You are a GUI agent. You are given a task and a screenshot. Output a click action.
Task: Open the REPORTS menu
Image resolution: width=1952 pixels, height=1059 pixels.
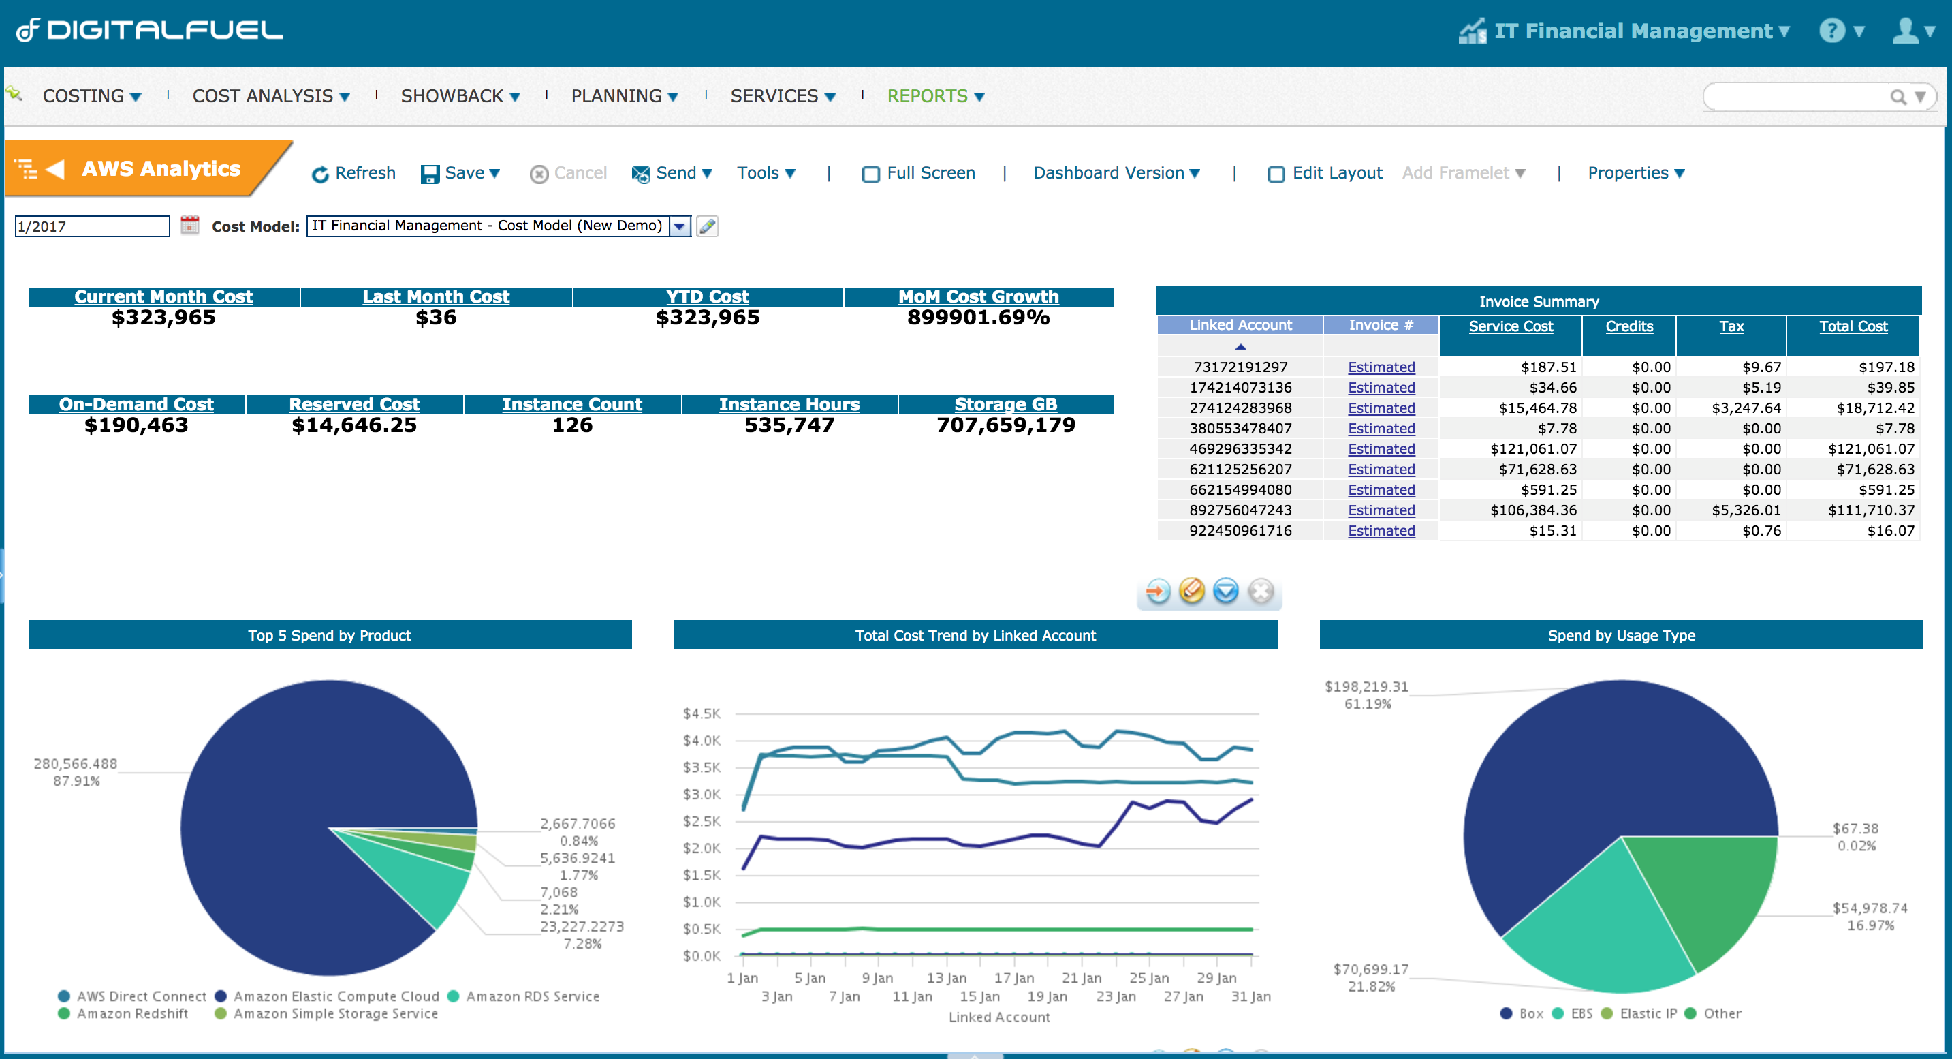tap(934, 96)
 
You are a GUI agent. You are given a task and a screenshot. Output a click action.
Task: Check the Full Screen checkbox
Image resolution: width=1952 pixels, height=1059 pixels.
tap(870, 174)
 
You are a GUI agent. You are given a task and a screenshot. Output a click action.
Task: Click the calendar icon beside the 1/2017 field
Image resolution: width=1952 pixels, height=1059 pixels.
tap(189, 225)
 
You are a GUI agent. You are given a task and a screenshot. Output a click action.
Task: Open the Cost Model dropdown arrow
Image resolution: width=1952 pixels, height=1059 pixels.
tap(680, 226)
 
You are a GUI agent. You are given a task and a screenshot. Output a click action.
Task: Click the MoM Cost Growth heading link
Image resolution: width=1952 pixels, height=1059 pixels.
tap(977, 296)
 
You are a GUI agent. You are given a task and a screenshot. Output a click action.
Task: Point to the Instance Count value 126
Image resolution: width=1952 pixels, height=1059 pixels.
tap(572, 425)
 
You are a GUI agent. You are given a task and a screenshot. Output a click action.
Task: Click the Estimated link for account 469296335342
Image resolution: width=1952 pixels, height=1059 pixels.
tap(1381, 449)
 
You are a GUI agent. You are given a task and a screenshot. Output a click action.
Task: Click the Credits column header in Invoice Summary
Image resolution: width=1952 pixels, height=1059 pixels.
tap(1628, 326)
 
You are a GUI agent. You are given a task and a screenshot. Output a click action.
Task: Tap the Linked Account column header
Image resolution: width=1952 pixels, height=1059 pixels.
tap(1240, 325)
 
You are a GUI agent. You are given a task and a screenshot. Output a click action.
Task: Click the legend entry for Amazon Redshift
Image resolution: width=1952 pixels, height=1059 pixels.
tap(132, 1013)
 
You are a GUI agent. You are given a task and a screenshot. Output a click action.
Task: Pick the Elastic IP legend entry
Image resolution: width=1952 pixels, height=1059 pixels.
tap(1648, 1013)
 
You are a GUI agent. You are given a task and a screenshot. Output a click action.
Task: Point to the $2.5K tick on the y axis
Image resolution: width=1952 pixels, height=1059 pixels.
tap(701, 821)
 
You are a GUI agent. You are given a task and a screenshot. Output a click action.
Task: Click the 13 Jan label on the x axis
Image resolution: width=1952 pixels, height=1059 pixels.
tap(945, 978)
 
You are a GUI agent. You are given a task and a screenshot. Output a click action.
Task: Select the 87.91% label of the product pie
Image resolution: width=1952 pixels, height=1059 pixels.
tap(76, 781)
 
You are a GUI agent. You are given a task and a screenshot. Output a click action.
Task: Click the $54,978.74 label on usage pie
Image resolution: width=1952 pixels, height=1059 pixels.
tap(1870, 908)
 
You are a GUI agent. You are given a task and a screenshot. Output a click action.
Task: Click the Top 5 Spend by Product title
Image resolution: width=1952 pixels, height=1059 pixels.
tap(330, 635)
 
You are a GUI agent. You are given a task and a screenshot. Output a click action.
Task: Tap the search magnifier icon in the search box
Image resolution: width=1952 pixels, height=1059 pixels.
tap(1897, 97)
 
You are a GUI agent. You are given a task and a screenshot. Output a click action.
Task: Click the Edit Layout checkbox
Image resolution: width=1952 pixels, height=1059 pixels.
tap(1276, 174)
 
